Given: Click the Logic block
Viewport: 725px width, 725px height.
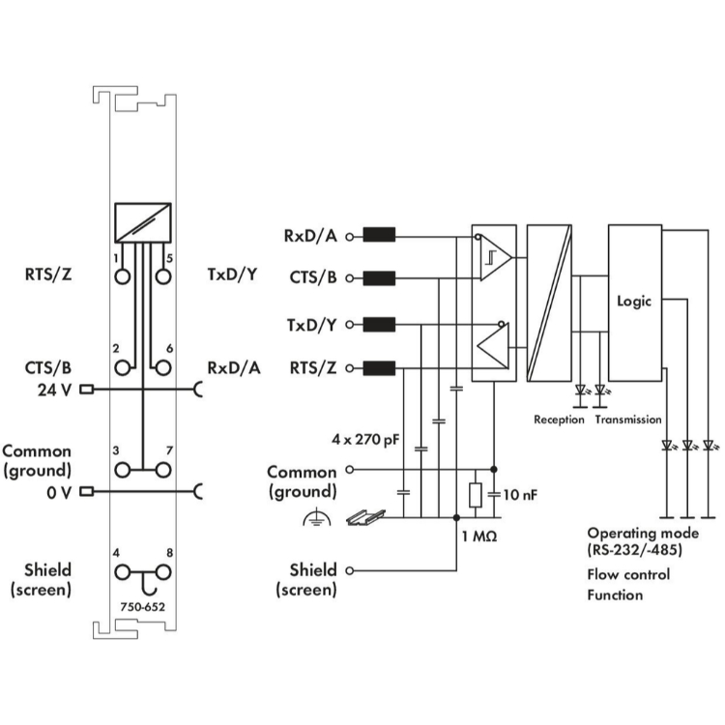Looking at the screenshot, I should coord(634,302).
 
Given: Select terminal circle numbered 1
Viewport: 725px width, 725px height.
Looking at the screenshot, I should coord(123,276).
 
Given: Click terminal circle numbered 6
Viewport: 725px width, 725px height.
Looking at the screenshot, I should coord(162,367).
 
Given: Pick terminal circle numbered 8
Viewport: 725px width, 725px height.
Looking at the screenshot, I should coord(162,573).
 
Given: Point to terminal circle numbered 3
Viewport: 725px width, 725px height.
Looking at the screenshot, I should coord(123,470).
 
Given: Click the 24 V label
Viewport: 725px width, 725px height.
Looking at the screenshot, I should coord(52,391).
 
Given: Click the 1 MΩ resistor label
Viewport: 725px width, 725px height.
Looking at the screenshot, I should coord(478,536).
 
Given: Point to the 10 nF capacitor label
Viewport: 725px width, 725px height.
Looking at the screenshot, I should coord(519,495).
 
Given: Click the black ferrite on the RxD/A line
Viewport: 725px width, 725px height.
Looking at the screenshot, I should coord(380,235).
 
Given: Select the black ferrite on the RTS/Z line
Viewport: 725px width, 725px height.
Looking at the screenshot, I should coord(380,367).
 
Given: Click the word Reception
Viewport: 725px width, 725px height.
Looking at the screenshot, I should coord(559,420).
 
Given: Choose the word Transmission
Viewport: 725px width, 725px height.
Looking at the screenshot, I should coord(628,420).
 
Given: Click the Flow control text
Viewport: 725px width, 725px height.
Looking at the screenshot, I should coord(627,574).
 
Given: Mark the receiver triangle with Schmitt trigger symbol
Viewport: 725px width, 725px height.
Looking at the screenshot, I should coord(495,257).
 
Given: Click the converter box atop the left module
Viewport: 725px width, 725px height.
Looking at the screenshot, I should coord(142,223).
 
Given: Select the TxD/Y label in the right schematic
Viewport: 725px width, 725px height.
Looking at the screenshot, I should coord(311,324).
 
